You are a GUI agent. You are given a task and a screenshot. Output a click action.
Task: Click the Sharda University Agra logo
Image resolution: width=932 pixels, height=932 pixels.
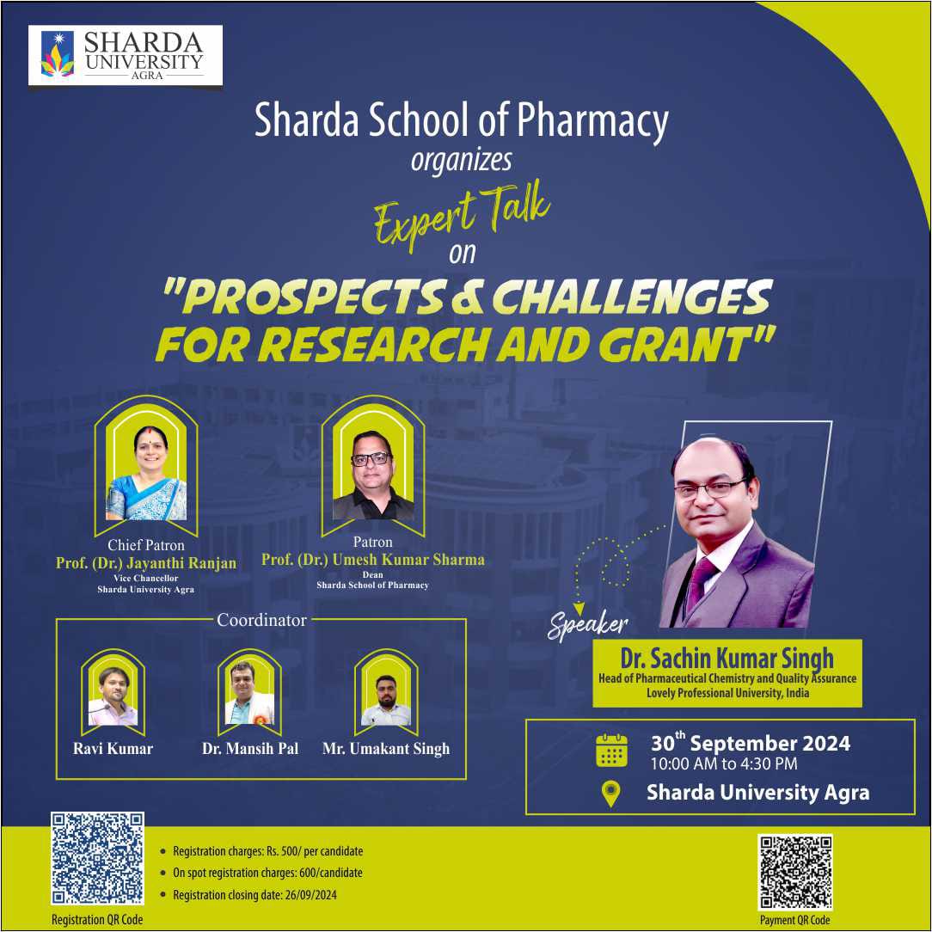(126, 55)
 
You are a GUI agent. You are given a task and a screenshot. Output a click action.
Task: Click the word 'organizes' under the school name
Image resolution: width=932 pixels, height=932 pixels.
(461, 160)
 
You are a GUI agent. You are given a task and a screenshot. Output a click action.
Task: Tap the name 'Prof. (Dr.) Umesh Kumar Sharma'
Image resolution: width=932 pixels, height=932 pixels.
(372, 560)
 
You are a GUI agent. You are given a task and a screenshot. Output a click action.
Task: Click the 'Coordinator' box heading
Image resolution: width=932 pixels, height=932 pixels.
(261, 620)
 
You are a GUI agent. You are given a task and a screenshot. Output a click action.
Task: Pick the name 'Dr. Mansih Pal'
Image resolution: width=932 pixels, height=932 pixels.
(250, 748)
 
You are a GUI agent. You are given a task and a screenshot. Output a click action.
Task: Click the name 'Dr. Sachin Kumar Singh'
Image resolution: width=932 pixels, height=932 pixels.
(727, 658)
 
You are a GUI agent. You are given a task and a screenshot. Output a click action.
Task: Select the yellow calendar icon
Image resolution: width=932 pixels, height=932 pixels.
(611, 751)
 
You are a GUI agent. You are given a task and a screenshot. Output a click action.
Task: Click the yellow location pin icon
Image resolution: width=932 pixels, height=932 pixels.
(611, 794)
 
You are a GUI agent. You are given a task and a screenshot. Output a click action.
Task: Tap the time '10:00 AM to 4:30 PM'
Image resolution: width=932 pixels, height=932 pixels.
(724, 763)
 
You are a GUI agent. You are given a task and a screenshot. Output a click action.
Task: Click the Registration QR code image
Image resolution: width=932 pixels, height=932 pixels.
(97, 858)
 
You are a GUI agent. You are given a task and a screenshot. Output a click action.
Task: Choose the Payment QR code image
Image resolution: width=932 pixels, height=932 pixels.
(795, 872)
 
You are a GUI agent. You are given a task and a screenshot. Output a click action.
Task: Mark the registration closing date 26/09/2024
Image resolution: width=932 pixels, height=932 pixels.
(311, 895)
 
